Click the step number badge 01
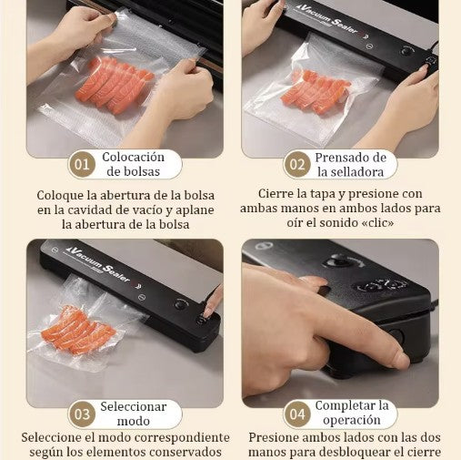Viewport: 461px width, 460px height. [x=83, y=165]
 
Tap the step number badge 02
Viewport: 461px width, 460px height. [x=296, y=165]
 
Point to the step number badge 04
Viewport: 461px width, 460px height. [x=296, y=414]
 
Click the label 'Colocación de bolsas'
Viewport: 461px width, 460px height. [x=133, y=164]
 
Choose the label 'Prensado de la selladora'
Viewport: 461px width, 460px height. [x=350, y=164]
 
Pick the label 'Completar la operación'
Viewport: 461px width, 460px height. [x=351, y=414]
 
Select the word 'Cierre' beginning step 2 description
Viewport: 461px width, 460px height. [x=279, y=193]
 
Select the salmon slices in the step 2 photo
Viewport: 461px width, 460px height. [x=316, y=91]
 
